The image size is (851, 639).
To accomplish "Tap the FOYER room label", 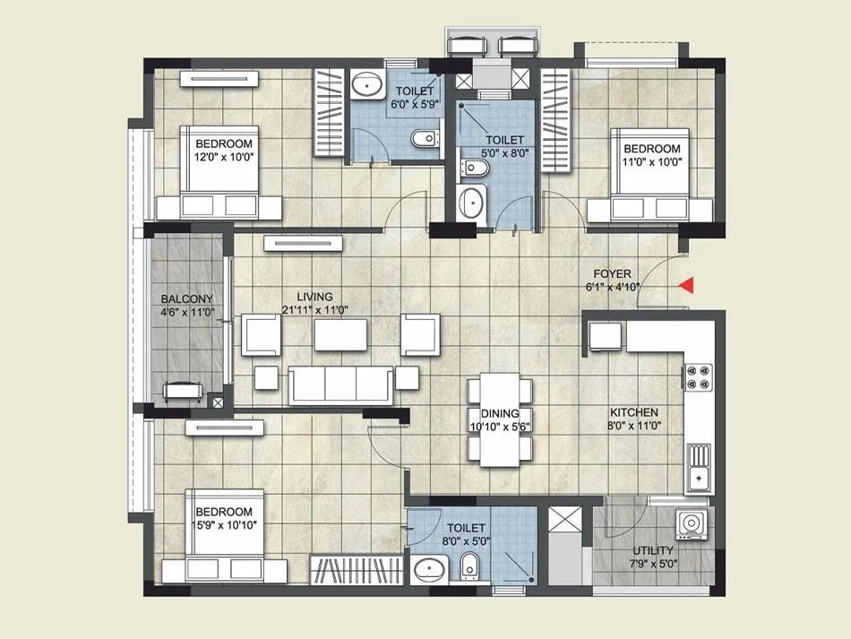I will (614, 273).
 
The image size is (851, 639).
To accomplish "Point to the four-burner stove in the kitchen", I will (699, 376).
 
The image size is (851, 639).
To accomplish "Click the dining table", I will (501, 419).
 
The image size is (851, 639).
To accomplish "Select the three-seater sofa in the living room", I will (340, 383).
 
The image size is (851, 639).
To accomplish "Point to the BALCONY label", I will (186, 299).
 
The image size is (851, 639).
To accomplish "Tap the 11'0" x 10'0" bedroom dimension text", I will (651, 162).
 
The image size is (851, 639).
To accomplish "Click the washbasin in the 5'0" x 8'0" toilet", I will (471, 203).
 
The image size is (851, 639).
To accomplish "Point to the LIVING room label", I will (314, 297).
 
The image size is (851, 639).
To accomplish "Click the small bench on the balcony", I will (182, 389).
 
